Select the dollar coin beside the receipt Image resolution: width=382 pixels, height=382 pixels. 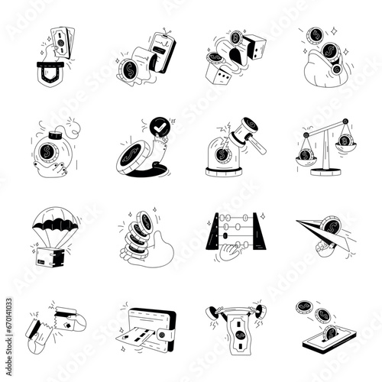click(x=128, y=70)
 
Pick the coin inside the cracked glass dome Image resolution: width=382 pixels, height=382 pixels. click(x=222, y=155)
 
